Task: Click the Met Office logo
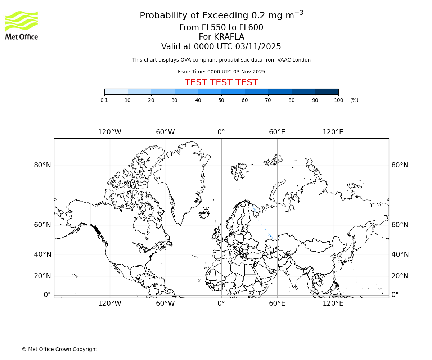pyautogui.click(x=22, y=25)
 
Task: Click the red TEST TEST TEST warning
pyautogui.click(x=221, y=82)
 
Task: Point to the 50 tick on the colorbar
pyautogui.click(x=221, y=100)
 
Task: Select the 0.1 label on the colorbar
pyautogui.click(x=104, y=100)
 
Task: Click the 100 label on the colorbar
pyautogui.click(x=338, y=100)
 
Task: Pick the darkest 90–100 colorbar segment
pyautogui.click(x=327, y=91)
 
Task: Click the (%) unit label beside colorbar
pyautogui.click(x=354, y=100)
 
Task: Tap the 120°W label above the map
pyautogui.click(x=109, y=132)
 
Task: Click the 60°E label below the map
pyautogui.click(x=277, y=303)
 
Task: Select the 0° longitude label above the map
pyautogui.click(x=221, y=132)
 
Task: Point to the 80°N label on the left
pyautogui.click(x=42, y=165)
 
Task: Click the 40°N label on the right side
pyautogui.click(x=400, y=255)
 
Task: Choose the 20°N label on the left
pyautogui.click(x=42, y=276)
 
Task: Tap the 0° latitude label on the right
pyautogui.click(x=395, y=295)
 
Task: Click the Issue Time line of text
pyautogui.click(x=221, y=72)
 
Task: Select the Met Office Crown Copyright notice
pyautogui.click(x=59, y=349)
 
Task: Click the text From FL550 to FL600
pyautogui.click(x=221, y=28)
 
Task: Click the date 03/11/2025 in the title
pyautogui.click(x=258, y=47)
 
